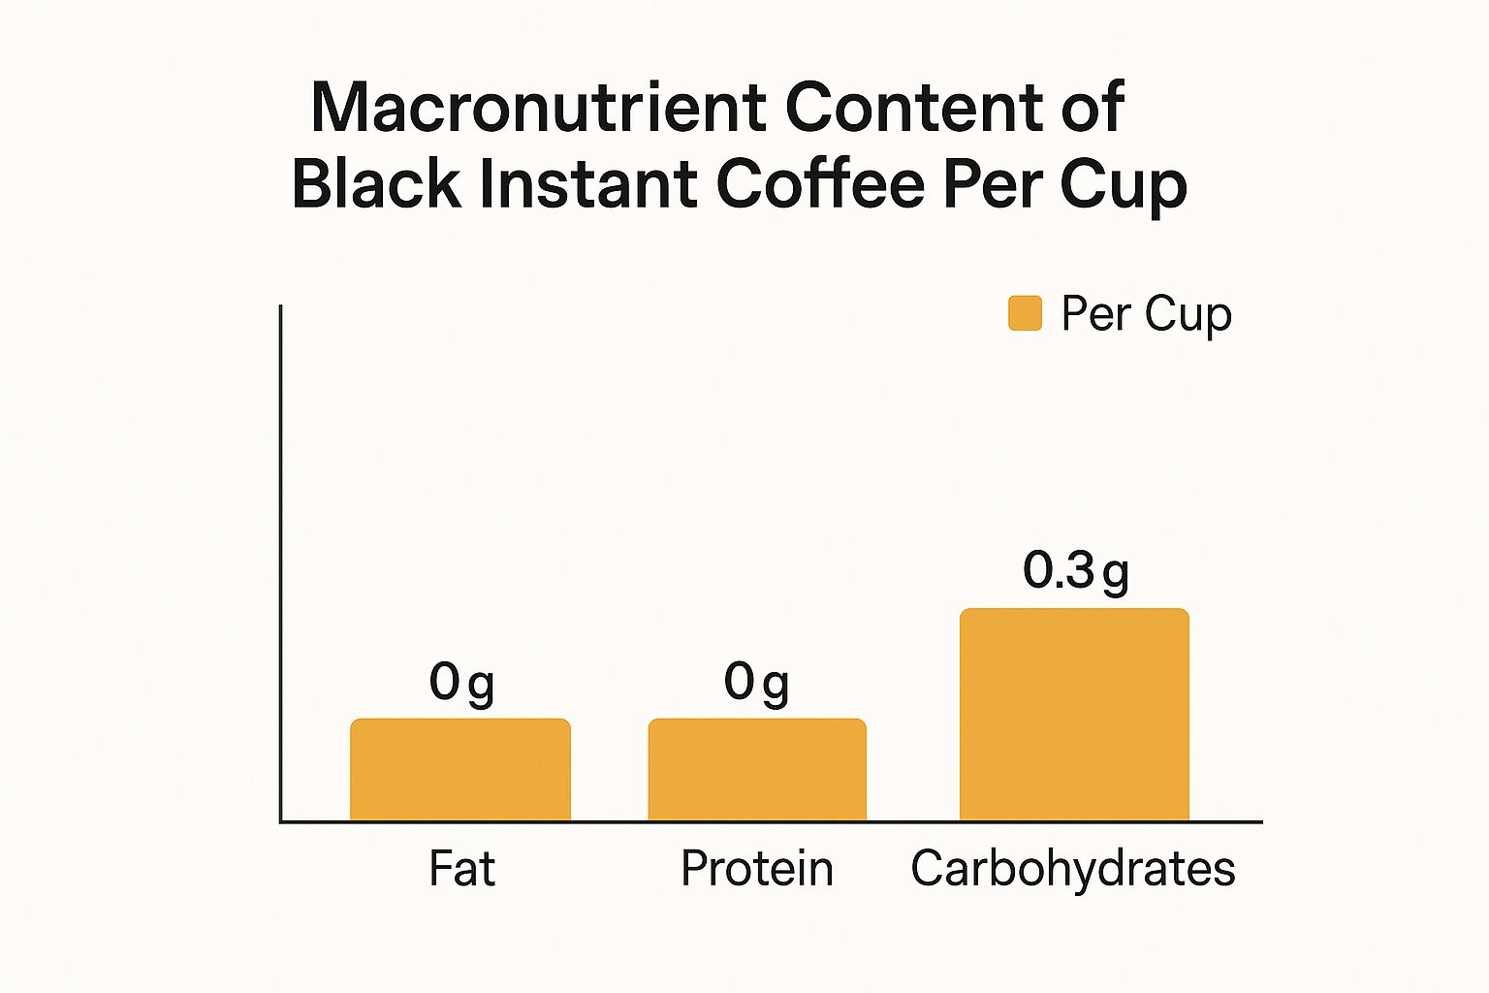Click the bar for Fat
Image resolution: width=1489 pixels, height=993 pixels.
[x=460, y=770]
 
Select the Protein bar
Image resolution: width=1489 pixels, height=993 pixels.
[x=757, y=770]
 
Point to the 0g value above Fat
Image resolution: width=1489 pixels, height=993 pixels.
[x=461, y=684]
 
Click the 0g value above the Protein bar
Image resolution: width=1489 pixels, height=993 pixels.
[x=756, y=684]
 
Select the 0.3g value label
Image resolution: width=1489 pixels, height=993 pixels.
[x=1075, y=571]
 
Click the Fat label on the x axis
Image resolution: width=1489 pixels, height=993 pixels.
[x=461, y=869]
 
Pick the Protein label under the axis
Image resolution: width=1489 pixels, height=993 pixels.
[x=757, y=869]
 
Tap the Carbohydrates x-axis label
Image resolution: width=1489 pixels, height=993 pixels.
[x=1073, y=869]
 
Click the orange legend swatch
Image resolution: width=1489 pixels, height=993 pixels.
[x=1025, y=314]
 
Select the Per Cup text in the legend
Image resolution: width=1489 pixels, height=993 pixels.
[x=1146, y=314]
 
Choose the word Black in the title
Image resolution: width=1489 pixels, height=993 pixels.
[x=376, y=183]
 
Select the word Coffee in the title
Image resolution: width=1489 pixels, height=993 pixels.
[x=820, y=183]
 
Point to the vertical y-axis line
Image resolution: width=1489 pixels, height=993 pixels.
[x=281, y=562]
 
